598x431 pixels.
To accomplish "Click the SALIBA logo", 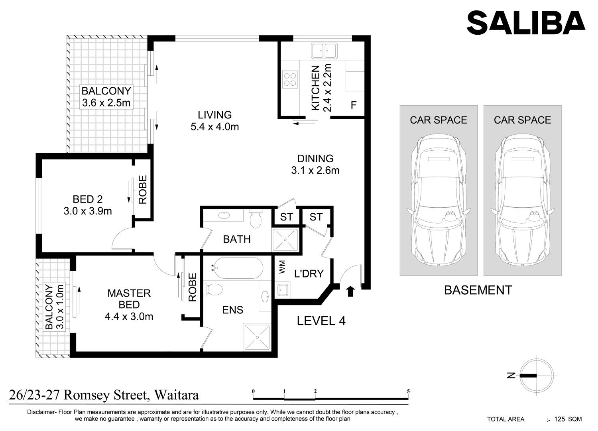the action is [x=526, y=23].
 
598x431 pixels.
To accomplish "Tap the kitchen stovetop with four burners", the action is [x=290, y=79].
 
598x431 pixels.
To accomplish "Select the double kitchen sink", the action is [x=324, y=51].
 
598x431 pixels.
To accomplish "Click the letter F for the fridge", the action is [x=354, y=105].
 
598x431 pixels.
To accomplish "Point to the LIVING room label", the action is [x=214, y=115].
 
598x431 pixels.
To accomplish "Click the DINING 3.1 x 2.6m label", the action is [x=315, y=165].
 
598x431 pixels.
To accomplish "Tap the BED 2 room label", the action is [x=88, y=199].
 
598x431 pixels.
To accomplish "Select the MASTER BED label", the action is [x=129, y=299].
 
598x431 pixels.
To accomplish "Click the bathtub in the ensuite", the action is [x=237, y=268].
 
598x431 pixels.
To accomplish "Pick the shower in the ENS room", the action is [x=257, y=337].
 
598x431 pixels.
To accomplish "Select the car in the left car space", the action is [x=439, y=200].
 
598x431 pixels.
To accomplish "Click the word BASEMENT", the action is [x=478, y=290].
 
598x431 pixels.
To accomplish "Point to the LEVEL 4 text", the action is [x=321, y=321].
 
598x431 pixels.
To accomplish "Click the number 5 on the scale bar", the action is [x=408, y=392].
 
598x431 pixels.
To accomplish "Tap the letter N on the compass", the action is [x=511, y=375].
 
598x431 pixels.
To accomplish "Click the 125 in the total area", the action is [x=560, y=419].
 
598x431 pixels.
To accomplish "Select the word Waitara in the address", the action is [x=177, y=395].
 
